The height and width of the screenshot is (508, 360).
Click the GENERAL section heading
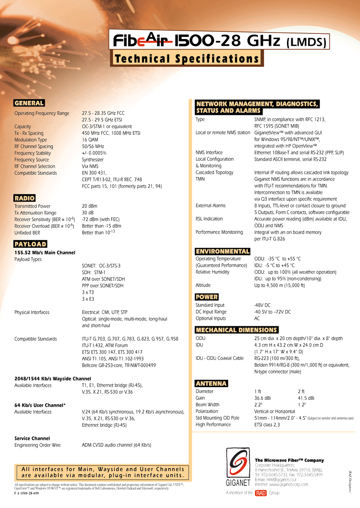[29, 103]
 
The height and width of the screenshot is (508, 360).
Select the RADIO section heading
[24, 198]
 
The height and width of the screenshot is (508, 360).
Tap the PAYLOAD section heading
[30, 244]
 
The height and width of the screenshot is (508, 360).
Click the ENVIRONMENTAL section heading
[223, 251]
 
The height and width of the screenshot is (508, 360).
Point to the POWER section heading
[207, 297]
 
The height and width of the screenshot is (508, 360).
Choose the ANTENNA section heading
[211, 383]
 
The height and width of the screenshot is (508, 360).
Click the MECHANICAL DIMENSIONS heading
[237, 330]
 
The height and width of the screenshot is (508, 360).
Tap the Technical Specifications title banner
[187, 59]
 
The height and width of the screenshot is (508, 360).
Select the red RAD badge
[260, 493]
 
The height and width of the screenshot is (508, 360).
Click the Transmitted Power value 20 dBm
[90, 206]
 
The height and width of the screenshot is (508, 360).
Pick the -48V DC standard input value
[263, 305]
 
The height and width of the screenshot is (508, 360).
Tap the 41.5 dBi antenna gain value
[306, 398]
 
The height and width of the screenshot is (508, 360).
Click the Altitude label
[203, 285]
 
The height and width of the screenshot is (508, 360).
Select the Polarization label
[207, 411]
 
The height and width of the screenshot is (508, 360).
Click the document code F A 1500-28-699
[27, 495]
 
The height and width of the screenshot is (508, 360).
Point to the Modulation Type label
[30, 140]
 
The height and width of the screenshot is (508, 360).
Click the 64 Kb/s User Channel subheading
[40, 405]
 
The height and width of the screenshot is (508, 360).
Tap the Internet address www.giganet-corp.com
[281, 484]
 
